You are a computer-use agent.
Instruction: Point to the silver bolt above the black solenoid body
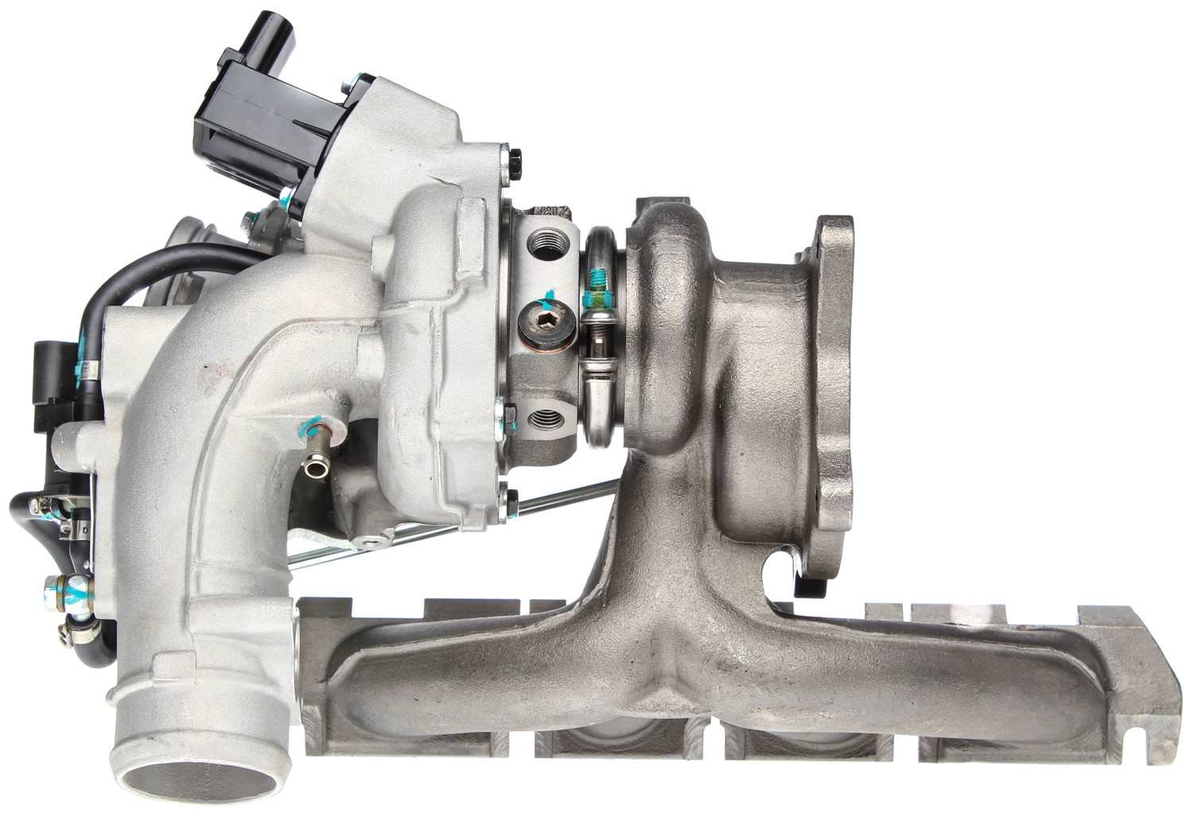coord(348,81)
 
